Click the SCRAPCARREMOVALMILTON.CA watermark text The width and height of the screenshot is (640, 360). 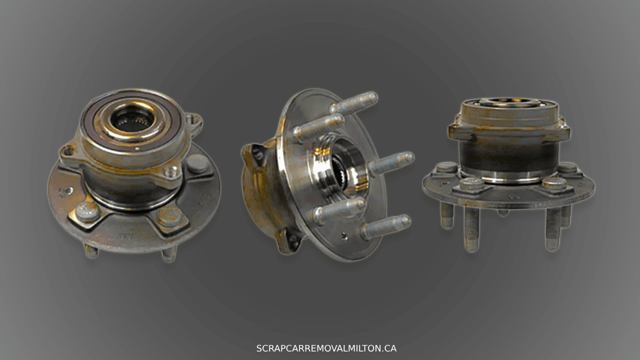(326, 348)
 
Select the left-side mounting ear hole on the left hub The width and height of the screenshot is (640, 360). (68, 150)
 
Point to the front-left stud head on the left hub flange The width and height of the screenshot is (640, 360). (87, 211)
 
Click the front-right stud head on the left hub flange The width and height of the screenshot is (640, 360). (170, 216)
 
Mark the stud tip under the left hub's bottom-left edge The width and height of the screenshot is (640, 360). (91, 251)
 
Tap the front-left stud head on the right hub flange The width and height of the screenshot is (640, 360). (471, 183)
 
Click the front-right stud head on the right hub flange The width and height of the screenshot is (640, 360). (554, 183)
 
